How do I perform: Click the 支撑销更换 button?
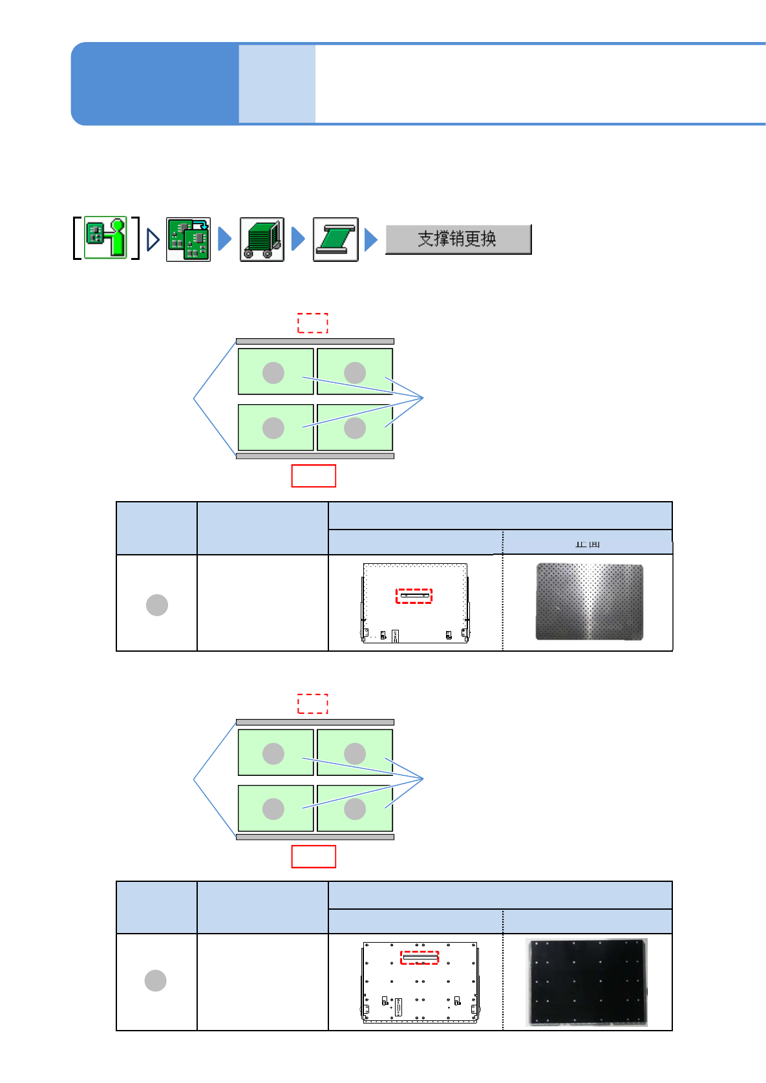458,239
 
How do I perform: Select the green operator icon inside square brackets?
105,238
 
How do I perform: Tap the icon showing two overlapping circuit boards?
188,239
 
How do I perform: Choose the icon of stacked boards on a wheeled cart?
262,239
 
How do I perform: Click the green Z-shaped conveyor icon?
335,239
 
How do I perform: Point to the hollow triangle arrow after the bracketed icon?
153,240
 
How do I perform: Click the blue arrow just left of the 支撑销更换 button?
370,240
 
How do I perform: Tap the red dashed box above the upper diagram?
313,323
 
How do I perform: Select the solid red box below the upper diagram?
314,476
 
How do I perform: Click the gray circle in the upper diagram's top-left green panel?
273,372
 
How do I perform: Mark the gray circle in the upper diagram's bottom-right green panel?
355,428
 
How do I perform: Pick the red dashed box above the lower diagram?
313,703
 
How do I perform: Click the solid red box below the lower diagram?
314,857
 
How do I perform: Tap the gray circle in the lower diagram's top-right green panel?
355,753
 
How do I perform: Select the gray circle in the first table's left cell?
157,605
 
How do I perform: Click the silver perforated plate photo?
589,602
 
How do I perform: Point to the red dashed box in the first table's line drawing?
414,595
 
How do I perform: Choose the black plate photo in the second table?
588,982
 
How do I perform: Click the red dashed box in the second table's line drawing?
420,958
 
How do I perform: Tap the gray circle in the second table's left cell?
156,981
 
